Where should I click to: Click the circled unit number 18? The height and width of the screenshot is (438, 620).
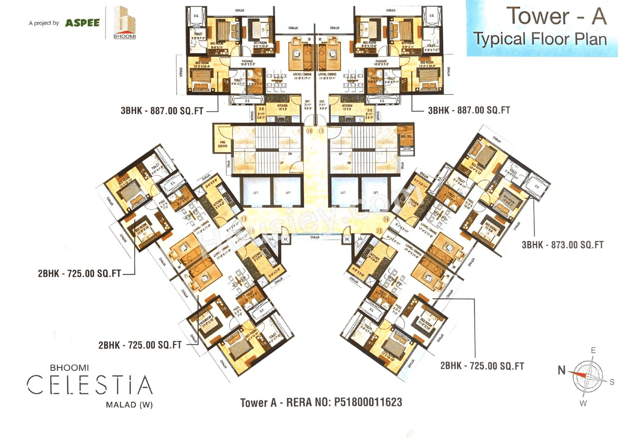[x=310, y=131]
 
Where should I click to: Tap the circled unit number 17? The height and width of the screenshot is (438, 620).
[x=321, y=131]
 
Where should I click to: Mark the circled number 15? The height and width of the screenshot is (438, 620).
[x=379, y=231]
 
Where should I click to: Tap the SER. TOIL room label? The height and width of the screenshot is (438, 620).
[x=405, y=138]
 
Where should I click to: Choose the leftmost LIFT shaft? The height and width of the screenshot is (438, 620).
[x=255, y=192]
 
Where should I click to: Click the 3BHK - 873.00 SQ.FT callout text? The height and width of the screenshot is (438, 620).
[x=562, y=245]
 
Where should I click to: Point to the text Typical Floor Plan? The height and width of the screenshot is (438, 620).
[x=540, y=38]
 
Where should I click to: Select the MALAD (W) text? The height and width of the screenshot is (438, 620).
[x=129, y=405]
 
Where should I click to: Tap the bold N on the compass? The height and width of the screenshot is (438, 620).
[x=561, y=371]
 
